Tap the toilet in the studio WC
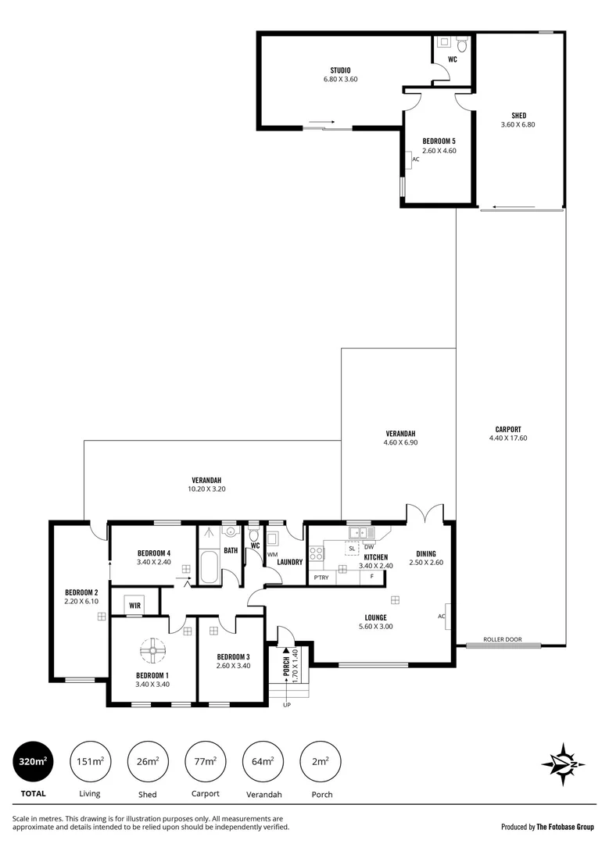[x=461, y=46]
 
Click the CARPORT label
[x=508, y=428]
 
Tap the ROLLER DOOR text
[x=501, y=638]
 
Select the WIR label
[x=135, y=605]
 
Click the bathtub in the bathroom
[x=210, y=567]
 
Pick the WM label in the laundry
[x=272, y=555]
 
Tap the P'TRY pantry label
[x=321, y=577]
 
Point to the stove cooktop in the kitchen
[x=317, y=553]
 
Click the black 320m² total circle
[x=34, y=760]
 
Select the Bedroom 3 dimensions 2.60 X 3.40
[x=233, y=666]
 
